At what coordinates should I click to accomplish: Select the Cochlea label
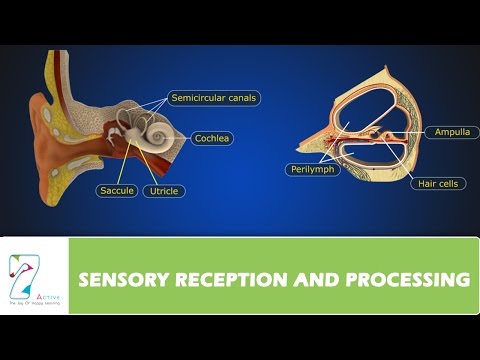(x=213, y=139)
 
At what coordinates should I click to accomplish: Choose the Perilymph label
(x=312, y=170)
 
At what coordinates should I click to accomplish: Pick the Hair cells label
(x=440, y=183)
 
